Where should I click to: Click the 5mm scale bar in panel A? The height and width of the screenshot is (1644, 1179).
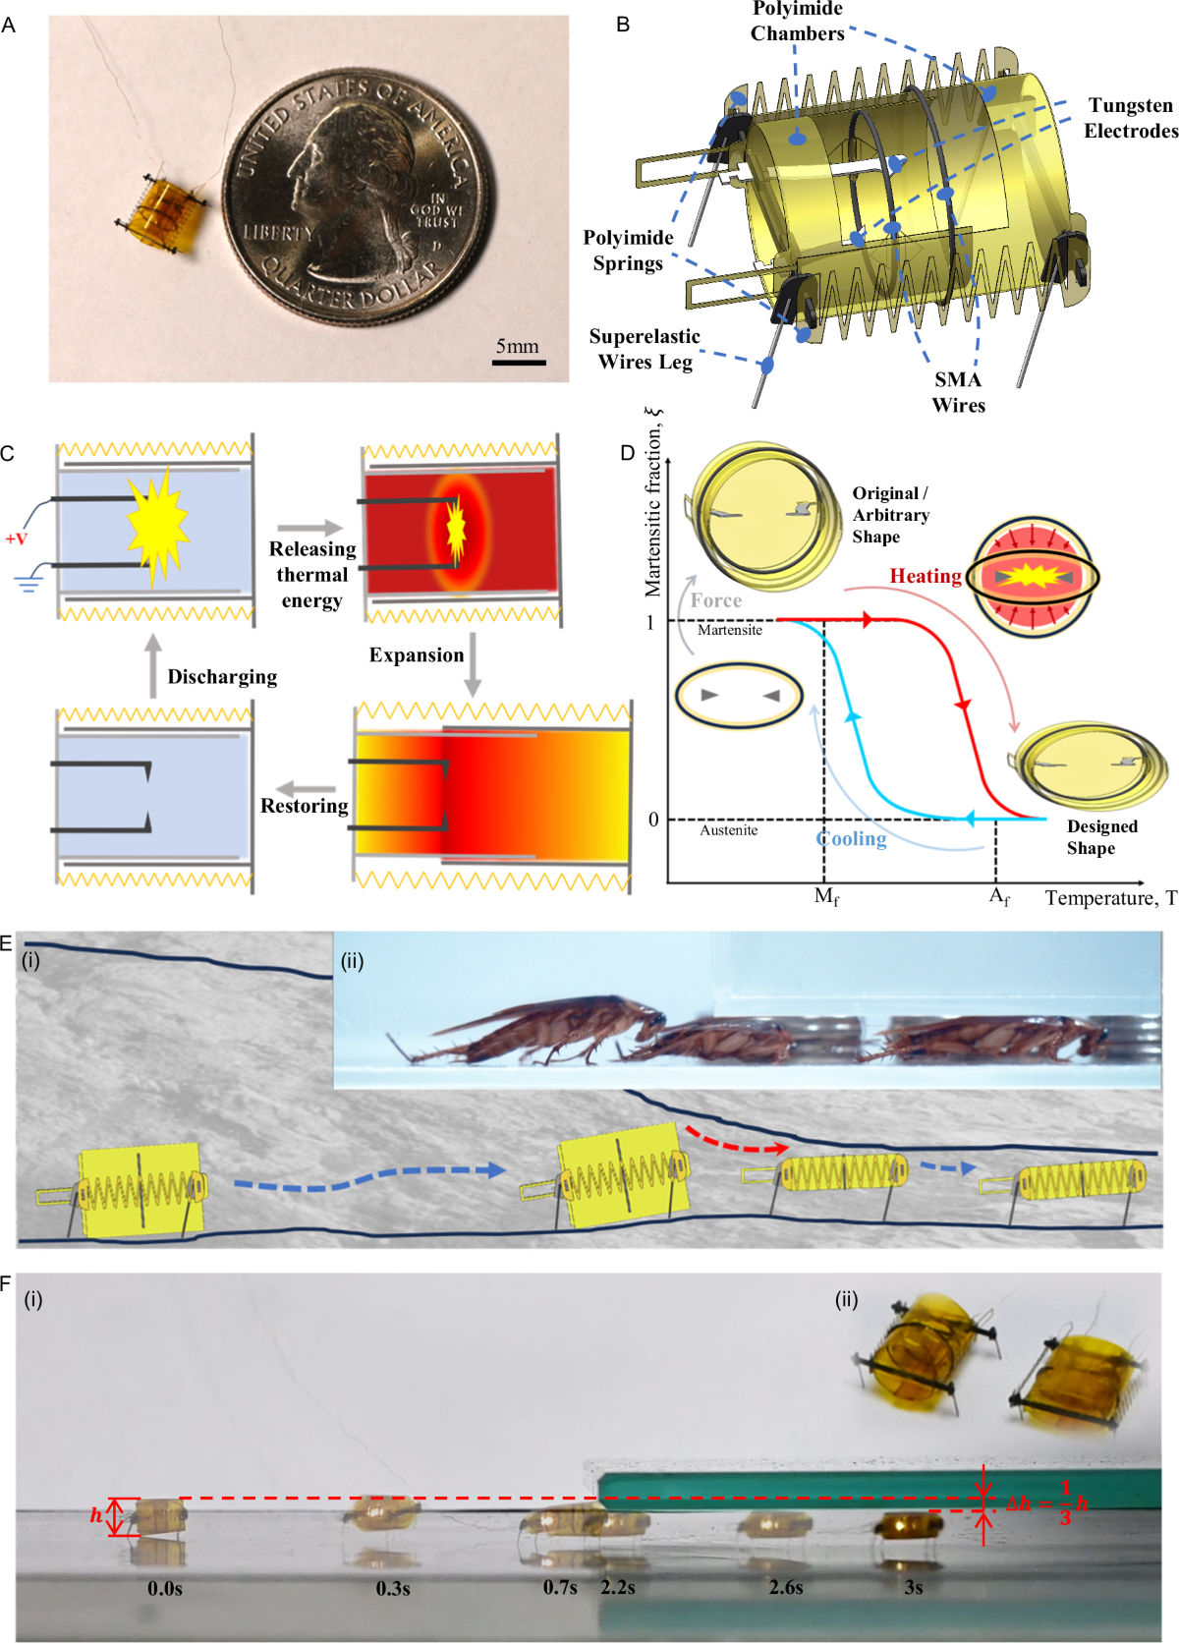(x=518, y=363)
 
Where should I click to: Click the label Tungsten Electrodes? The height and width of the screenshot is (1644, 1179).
(x=1130, y=118)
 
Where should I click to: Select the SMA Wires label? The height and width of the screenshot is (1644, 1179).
(x=958, y=392)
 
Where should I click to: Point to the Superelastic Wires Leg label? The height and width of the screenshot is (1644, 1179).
(x=645, y=349)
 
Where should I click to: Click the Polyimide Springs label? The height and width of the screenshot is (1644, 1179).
(x=628, y=250)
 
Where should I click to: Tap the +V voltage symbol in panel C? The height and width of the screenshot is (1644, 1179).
(x=17, y=539)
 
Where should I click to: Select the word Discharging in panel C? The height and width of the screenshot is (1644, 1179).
(x=222, y=677)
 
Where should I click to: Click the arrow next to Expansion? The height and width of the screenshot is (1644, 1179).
(x=473, y=665)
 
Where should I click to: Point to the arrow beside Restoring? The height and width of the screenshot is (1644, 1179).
(x=306, y=788)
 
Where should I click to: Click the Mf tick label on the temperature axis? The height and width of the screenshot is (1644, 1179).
(x=826, y=897)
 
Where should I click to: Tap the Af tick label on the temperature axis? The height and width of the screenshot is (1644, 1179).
(x=998, y=897)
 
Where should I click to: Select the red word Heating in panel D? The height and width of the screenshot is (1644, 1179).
(x=925, y=577)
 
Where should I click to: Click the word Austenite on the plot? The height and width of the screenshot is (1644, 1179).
(x=728, y=830)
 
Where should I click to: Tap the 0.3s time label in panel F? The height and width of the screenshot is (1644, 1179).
(x=393, y=1588)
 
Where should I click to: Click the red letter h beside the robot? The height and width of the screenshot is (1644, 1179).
(x=96, y=1515)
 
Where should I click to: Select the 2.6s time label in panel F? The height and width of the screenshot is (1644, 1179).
(x=786, y=1587)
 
